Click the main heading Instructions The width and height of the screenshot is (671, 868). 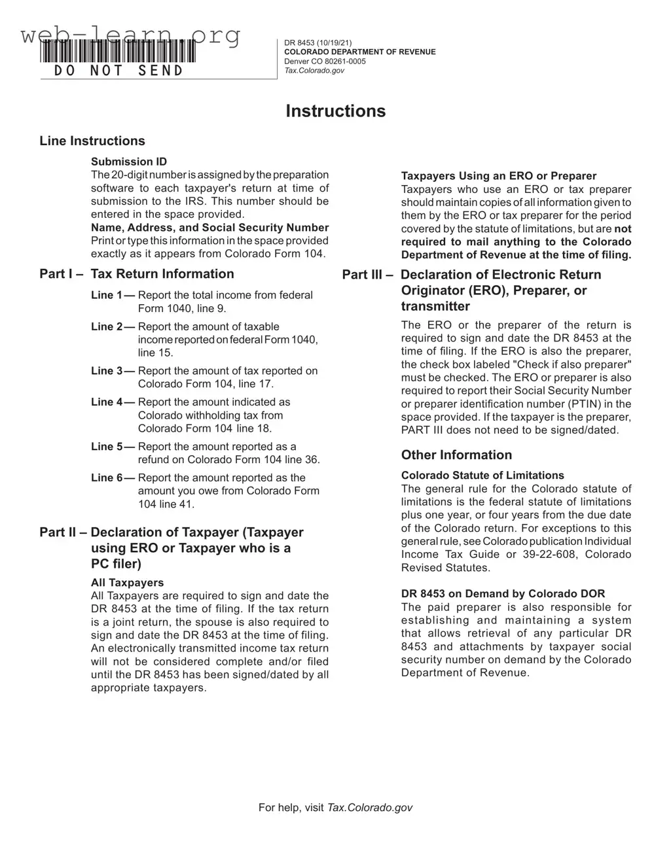pyautogui.click(x=335, y=111)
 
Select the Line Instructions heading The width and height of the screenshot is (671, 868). pyautogui.click(x=92, y=141)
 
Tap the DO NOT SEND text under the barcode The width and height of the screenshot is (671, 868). pyautogui.click(x=118, y=71)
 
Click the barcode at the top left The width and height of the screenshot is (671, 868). pyautogui.click(x=118, y=51)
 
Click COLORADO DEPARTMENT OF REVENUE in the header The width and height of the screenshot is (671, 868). pyautogui.click(x=359, y=52)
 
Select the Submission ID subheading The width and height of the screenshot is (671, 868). pyautogui.click(x=129, y=162)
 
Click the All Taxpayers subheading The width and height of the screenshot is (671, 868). pyautogui.click(x=127, y=583)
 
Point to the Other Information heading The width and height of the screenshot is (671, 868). pyautogui.click(x=456, y=455)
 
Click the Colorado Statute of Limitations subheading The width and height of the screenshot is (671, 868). pyautogui.click(x=482, y=476)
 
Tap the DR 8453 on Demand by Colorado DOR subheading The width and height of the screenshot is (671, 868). pyautogui.click(x=503, y=594)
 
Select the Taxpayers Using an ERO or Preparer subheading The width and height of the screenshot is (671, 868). pyautogui.click(x=498, y=176)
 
